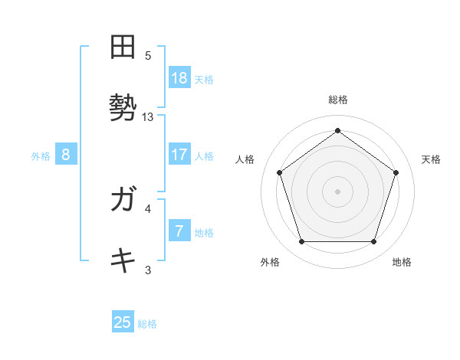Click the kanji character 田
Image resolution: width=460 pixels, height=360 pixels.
pyautogui.click(x=123, y=48)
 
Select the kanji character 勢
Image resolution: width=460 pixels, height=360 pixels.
pyautogui.click(x=123, y=107)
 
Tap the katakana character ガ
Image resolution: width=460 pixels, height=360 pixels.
pyautogui.click(x=123, y=201)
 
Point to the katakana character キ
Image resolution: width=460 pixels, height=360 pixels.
pyautogui.click(x=123, y=260)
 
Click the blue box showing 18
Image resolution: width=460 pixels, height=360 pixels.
pyautogui.click(x=179, y=78)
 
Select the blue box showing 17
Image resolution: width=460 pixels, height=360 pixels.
pyautogui.click(x=179, y=155)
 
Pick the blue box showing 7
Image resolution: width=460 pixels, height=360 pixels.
pyautogui.click(x=179, y=231)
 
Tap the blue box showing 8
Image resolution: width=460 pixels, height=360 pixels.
pyautogui.click(x=66, y=155)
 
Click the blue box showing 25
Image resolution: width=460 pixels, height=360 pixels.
pyautogui.click(x=123, y=322)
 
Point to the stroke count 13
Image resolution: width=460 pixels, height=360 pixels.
pyautogui.click(x=148, y=117)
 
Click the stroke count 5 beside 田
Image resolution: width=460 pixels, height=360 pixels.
pyautogui.click(x=148, y=55)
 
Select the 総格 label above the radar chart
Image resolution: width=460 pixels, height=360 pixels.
pyautogui.click(x=338, y=100)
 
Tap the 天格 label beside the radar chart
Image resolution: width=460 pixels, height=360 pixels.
pyautogui.click(x=431, y=159)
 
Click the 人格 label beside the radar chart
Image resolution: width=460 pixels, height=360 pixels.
pyautogui.click(x=245, y=159)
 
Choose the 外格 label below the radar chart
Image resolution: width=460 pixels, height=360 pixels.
pyautogui.click(x=270, y=262)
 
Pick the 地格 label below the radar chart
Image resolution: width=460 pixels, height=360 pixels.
pyautogui.click(x=402, y=262)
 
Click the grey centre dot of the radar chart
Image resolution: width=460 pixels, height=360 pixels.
pyautogui.click(x=337, y=191)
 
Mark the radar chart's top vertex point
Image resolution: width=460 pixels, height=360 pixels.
pyautogui.click(x=337, y=131)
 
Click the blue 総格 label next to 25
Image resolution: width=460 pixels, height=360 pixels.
pyautogui.click(x=147, y=324)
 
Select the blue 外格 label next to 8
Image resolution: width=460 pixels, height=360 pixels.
pyautogui.click(x=41, y=156)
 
